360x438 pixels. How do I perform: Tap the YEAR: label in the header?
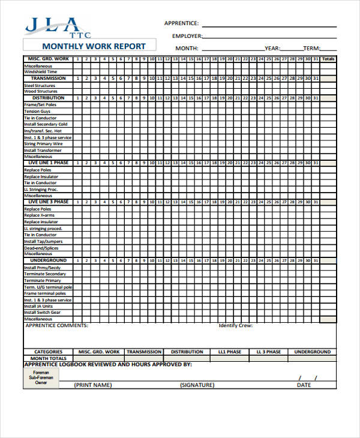click(x=272, y=49)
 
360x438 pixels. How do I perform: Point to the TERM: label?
click(x=311, y=49)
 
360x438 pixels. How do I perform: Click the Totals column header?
click(x=328, y=59)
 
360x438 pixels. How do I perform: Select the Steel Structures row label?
click(x=40, y=85)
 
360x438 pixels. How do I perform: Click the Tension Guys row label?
click(x=37, y=111)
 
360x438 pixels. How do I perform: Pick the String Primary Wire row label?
click(x=43, y=144)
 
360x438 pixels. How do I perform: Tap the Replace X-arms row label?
click(x=39, y=215)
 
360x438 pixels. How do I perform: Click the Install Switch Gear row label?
click(x=42, y=313)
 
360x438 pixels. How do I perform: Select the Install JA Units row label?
click(x=39, y=306)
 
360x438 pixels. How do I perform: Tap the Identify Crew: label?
click(x=235, y=326)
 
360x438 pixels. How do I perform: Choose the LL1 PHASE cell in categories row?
click(x=230, y=352)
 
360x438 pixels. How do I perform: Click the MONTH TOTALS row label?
click(x=49, y=358)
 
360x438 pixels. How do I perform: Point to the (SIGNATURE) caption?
click(x=197, y=385)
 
